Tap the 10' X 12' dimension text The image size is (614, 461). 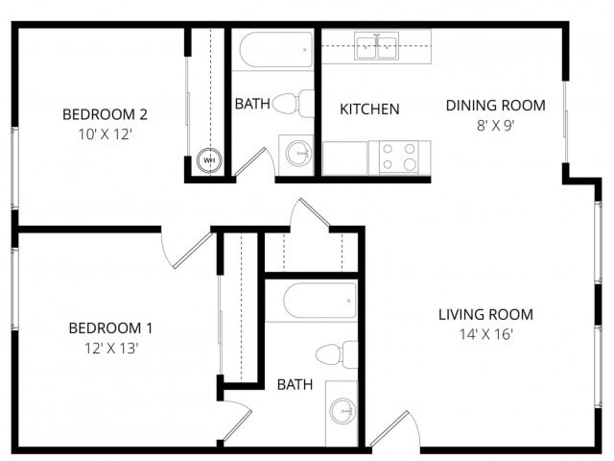point(105,134)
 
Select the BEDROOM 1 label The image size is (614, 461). point(110,328)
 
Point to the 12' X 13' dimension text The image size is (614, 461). point(110,348)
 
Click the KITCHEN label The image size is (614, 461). point(369,109)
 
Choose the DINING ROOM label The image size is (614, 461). point(495,105)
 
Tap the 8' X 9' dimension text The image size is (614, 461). point(495,125)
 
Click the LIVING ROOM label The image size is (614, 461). point(485,314)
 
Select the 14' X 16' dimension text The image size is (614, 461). point(485,335)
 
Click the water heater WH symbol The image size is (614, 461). point(209,160)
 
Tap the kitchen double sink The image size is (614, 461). point(377,47)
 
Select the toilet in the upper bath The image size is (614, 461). point(294,103)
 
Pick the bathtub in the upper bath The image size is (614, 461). point(276,50)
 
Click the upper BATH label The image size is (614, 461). point(251,104)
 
